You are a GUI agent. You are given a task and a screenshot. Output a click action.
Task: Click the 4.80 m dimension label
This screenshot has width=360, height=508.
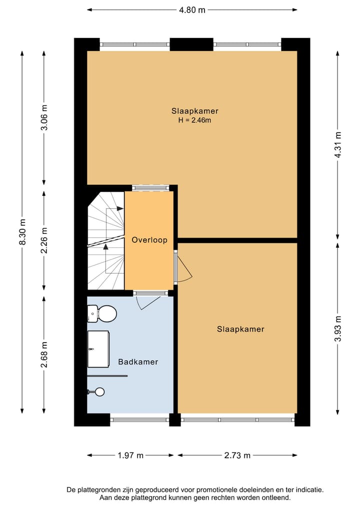(x=192, y=9)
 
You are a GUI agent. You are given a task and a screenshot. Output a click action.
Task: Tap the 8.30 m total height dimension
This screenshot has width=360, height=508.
(x=21, y=233)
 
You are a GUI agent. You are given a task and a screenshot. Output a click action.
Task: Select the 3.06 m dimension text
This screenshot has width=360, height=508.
(x=44, y=118)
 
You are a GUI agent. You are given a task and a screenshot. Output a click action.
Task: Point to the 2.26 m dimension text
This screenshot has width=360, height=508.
(x=44, y=240)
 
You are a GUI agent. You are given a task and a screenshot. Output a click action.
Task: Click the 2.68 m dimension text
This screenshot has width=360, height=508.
(x=44, y=354)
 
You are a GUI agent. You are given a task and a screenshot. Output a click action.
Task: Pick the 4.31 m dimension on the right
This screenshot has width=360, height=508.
(x=338, y=145)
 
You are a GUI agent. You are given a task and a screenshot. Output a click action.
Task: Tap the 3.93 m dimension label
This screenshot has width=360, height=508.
(x=338, y=329)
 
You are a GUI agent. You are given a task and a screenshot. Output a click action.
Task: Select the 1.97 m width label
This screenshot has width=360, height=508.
(x=130, y=455)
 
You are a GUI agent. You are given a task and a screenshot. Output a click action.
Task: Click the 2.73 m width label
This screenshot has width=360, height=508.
(x=237, y=455)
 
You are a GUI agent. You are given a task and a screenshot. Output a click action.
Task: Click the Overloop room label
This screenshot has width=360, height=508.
(x=149, y=240)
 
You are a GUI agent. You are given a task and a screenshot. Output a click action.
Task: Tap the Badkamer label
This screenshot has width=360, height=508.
(x=138, y=362)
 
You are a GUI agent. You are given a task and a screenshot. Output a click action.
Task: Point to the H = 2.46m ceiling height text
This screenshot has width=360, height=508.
(x=194, y=120)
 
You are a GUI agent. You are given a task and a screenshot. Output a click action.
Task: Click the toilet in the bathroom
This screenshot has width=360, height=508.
(x=103, y=314)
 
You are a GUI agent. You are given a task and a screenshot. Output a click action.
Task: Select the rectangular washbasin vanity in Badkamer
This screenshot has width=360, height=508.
(x=98, y=348)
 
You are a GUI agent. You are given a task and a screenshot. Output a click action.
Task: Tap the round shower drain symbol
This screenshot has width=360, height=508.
(x=100, y=392)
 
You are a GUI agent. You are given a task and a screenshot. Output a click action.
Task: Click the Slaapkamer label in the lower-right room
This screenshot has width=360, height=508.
(x=240, y=329)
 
